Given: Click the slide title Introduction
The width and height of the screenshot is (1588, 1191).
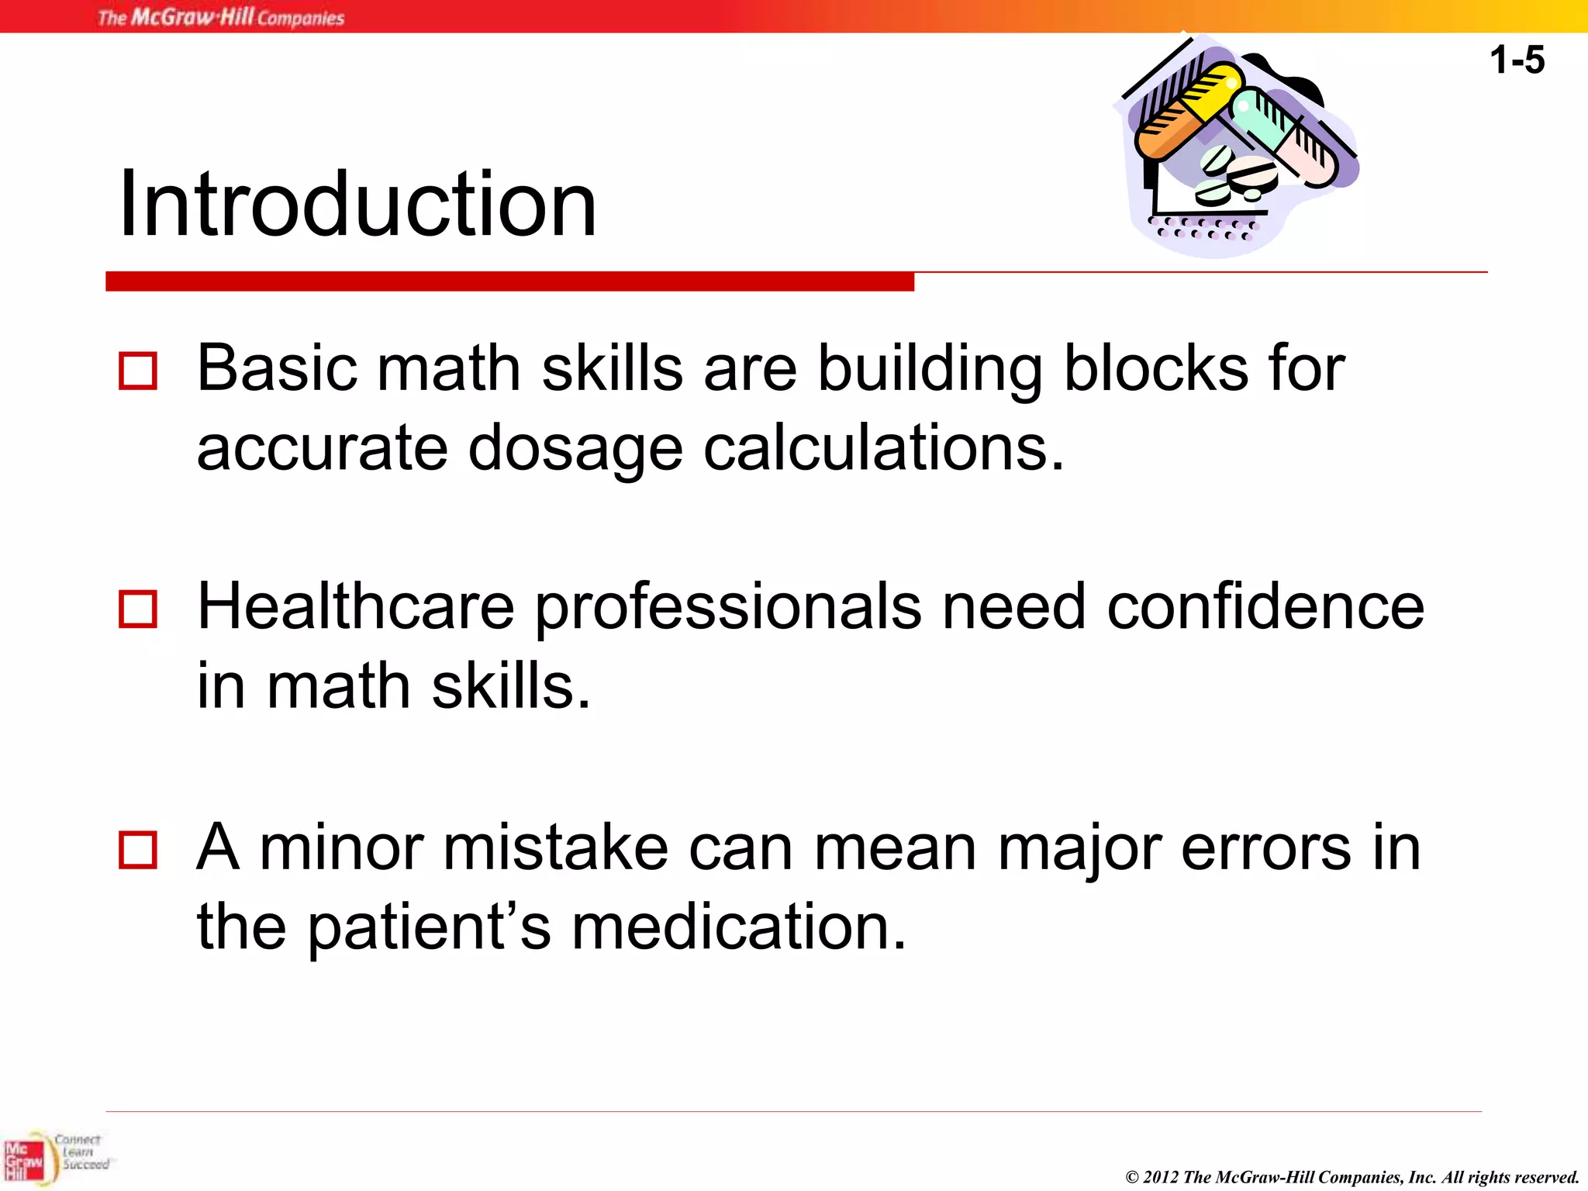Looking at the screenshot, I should click(357, 204).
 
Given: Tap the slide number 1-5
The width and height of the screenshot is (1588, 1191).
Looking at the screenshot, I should click(1517, 60).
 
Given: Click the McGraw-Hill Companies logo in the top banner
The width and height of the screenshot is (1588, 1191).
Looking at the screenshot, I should click(221, 17).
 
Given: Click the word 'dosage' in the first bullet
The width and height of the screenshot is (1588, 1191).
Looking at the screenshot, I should click(575, 450).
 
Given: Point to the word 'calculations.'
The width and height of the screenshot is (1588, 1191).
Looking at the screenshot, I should click(884, 448).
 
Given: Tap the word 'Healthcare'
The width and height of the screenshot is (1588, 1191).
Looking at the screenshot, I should click(356, 606).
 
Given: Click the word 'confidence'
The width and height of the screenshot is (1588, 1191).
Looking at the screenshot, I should click(1265, 606).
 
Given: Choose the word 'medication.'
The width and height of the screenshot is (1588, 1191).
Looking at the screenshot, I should click(739, 927).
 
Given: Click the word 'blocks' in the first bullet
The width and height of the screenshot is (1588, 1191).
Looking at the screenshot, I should click(1156, 368).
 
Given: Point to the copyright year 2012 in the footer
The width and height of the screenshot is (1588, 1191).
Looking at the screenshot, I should click(1161, 1177).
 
